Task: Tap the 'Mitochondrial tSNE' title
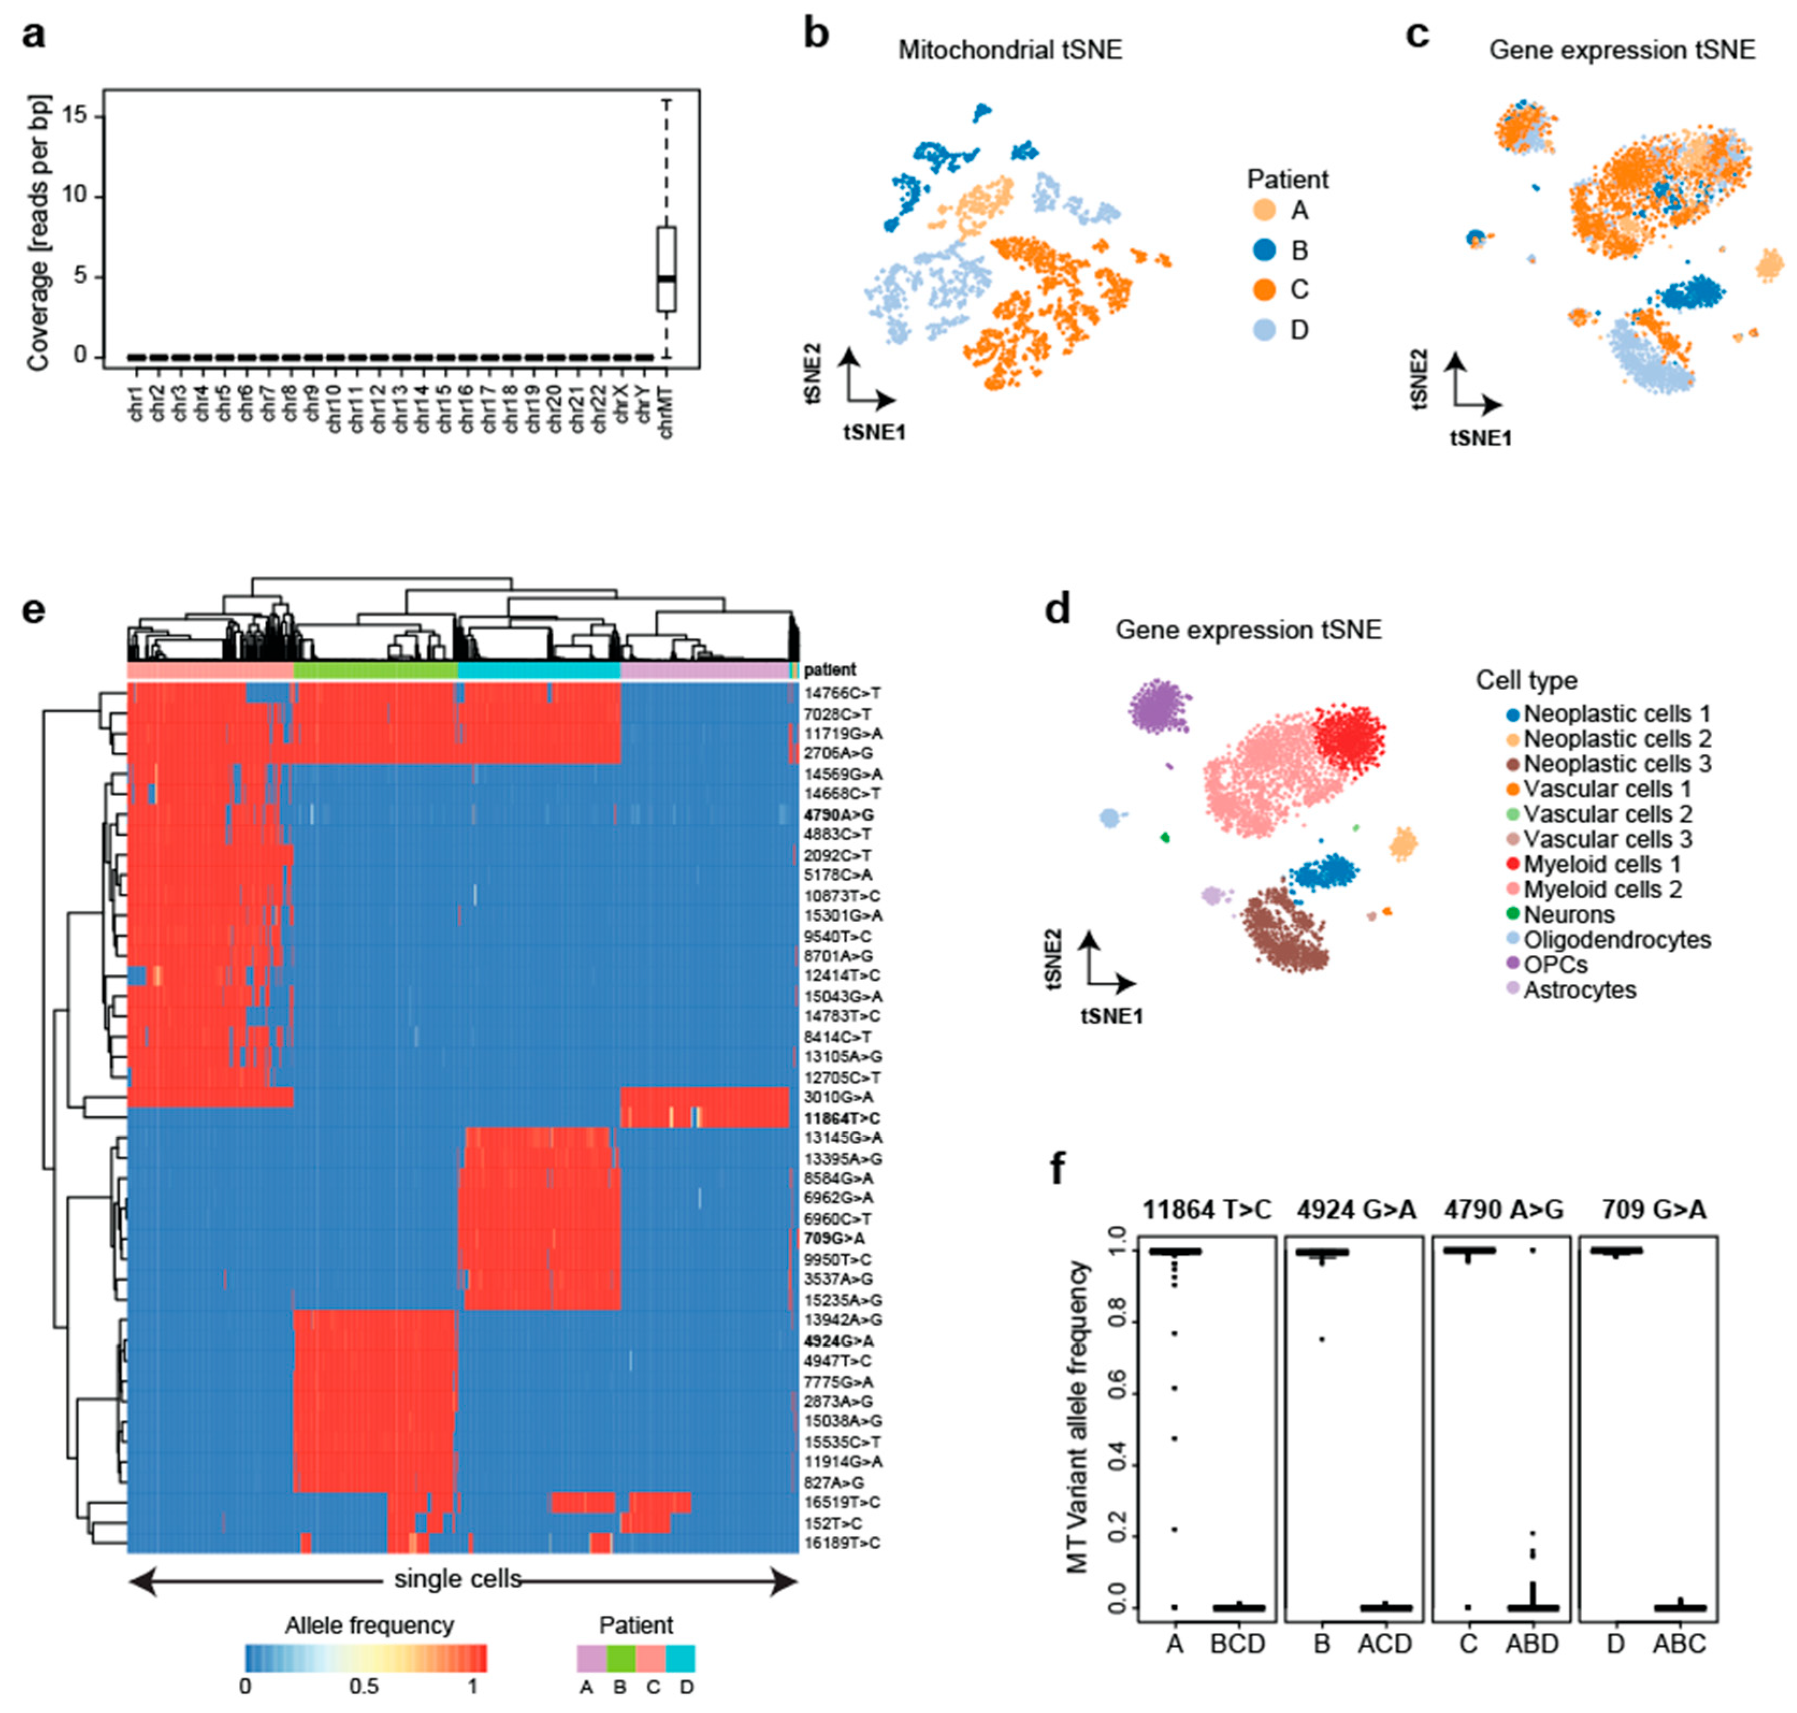click(x=1009, y=50)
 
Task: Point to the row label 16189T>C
click(x=841, y=1543)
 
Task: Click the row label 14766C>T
click(x=841, y=693)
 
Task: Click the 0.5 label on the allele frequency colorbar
click(x=364, y=1686)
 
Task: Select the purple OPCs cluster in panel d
click(x=1158, y=706)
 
